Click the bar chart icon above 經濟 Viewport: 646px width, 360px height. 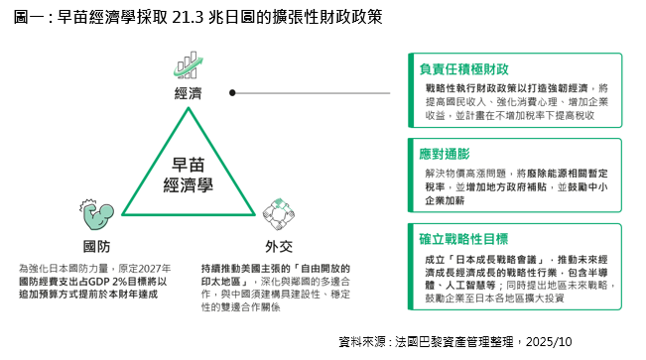[189, 65]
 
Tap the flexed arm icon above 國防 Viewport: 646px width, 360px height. [97, 214]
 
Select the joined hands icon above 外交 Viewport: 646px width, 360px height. [279, 214]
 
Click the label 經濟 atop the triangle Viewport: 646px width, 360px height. [189, 93]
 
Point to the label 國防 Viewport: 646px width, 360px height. [97, 246]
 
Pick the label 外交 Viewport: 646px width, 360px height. [279, 246]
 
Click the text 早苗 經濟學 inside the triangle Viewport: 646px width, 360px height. [189, 176]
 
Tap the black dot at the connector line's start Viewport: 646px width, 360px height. [232, 93]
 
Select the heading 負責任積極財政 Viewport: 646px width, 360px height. [463, 69]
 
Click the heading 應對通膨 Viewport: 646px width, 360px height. [445, 154]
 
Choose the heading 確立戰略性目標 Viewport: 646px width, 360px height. [463, 239]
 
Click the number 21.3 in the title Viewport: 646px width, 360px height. [188, 17]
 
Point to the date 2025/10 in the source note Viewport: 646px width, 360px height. [549, 341]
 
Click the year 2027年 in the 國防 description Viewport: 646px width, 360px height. [155, 269]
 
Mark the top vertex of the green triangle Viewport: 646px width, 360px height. [189, 108]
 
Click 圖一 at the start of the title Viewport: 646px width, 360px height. [29, 17]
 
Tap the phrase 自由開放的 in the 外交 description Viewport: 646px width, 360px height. [325, 269]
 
